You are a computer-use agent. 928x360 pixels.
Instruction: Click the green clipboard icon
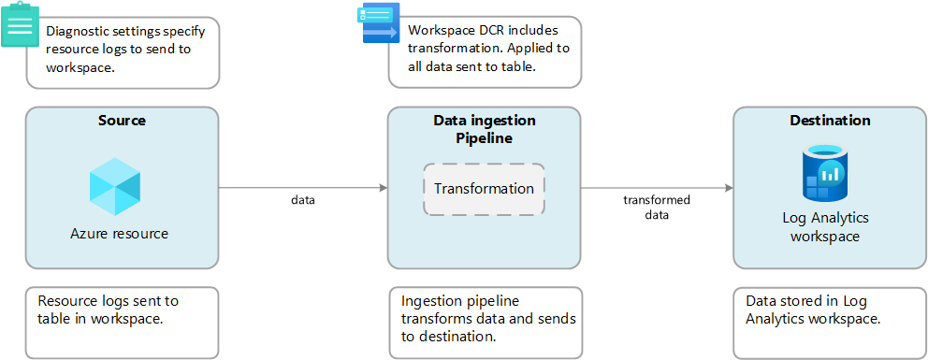(x=21, y=25)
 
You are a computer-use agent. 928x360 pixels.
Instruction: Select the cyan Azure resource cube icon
(x=115, y=187)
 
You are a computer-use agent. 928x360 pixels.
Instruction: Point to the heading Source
(x=122, y=121)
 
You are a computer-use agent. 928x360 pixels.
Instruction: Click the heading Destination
(x=831, y=121)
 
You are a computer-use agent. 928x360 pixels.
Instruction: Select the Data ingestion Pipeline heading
(x=485, y=129)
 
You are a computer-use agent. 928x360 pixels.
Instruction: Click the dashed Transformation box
(x=485, y=189)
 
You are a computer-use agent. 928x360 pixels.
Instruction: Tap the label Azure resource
(x=120, y=234)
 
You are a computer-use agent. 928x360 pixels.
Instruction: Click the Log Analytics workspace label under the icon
(x=826, y=227)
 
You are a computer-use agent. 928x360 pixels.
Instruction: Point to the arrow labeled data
(x=303, y=188)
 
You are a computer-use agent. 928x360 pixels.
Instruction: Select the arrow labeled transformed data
(x=657, y=188)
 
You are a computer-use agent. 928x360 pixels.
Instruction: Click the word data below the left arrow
(x=303, y=200)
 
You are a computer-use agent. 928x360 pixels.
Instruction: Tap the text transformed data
(x=657, y=208)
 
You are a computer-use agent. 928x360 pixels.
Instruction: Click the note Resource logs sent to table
(x=122, y=323)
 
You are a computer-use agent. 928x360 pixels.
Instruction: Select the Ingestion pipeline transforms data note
(x=486, y=323)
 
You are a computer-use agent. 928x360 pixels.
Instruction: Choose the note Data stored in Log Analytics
(x=829, y=323)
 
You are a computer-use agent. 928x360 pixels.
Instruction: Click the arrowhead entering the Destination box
(x=729, y=188)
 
